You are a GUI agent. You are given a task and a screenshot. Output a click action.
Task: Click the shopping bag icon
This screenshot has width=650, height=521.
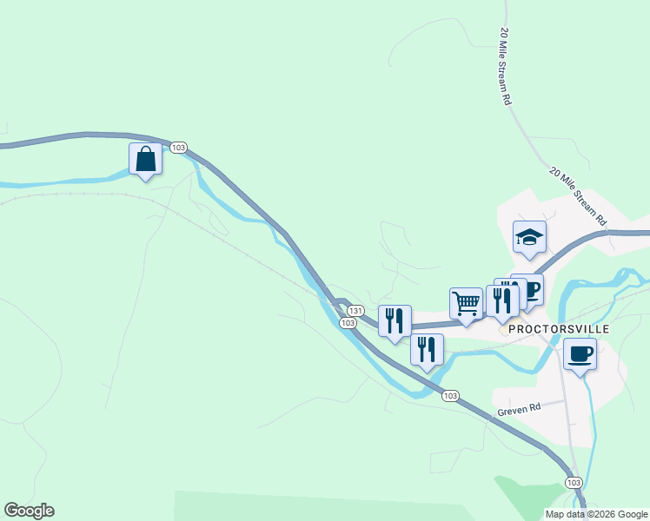(144, 159)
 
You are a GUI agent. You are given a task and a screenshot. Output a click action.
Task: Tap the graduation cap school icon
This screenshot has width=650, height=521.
(528, 237)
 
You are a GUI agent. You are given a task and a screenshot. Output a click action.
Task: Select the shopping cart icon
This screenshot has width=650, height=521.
(467, 303)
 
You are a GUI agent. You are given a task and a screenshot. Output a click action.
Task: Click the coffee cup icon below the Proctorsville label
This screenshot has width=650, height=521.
(580, 353)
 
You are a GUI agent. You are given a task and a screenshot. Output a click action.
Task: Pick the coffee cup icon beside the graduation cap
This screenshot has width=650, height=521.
(529, 288)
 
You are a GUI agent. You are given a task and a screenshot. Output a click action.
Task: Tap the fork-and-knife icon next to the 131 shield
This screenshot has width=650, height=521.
(395, 320)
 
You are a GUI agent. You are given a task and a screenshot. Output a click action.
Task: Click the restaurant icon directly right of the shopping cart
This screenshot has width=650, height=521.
(501, 300)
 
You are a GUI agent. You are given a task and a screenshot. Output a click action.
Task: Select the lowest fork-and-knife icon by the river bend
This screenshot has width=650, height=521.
(427, 349)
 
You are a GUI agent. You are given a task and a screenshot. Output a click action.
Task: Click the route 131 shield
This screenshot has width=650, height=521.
(355, 310)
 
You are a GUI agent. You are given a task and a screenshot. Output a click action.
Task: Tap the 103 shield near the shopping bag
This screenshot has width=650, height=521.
(178, 148)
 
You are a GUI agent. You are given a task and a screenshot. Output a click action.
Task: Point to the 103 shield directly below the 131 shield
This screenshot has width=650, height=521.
(348, 323)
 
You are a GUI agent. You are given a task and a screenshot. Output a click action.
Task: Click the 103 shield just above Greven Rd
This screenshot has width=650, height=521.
(449, 396)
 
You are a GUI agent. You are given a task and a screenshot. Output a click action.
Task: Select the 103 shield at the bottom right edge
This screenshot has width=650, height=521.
(573, 482)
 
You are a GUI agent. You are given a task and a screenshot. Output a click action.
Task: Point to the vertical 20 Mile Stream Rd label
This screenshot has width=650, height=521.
(505, 66)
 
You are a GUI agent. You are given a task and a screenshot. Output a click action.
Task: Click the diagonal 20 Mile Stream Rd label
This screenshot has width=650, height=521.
(577, 197)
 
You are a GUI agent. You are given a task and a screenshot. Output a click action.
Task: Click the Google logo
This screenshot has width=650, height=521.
(29, 511)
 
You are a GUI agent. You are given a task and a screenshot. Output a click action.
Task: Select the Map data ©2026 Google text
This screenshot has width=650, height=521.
(597, 514)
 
